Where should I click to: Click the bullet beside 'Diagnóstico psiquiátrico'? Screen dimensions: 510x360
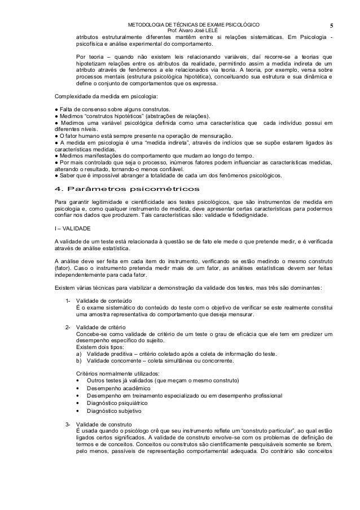tap(77, 405)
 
